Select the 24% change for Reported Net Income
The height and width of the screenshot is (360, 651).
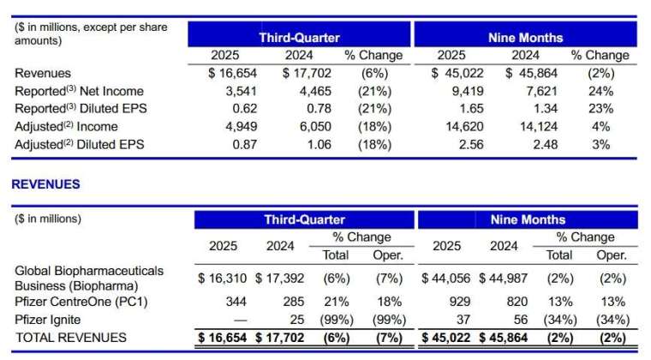click(x=600, y=91)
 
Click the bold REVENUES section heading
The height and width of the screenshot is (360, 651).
click(x=45, y=184)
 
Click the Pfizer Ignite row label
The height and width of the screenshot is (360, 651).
click(x=49, y=320)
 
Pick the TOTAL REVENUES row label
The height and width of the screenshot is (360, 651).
click(x=71, y=338)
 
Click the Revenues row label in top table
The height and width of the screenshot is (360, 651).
click(x=43, y=73)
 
